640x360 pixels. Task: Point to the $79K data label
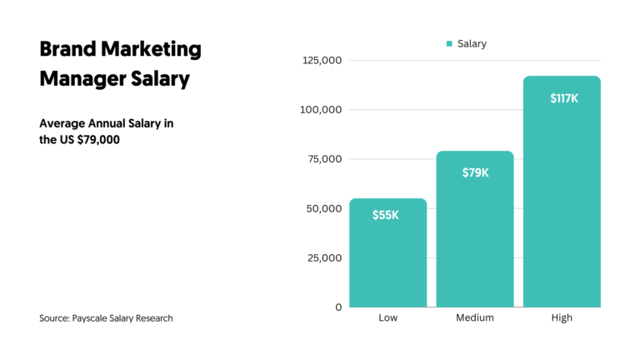click(475, 173)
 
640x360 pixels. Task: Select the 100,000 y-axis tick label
click(320, 110)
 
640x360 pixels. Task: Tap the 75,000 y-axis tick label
click(322, 159)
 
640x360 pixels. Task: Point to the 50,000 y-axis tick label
click(322, 208)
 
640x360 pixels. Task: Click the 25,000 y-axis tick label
click(322, 257)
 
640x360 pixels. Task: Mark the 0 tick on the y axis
click(338, 307)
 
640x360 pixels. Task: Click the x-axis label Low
click(388, 318)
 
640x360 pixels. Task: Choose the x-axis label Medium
click(475, 318)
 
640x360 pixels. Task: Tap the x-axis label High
click(562, 318)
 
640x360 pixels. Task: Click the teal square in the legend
click(449, 44)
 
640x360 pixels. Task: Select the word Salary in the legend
click(472, 44)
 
